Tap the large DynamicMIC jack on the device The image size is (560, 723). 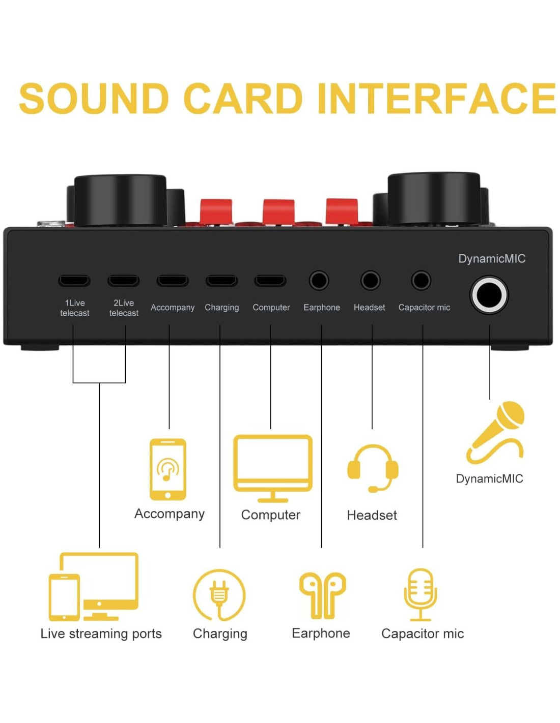tap(489, 295)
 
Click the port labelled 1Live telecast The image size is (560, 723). tap(74, 281)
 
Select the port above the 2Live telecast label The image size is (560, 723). tap(123, 281)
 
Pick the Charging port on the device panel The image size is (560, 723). tap(221, 281)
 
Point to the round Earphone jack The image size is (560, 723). tap(319, 281)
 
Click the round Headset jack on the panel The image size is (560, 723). tap(370, 281)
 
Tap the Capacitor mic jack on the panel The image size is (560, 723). tap(421, 281)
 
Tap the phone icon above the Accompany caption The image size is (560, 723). tap(168, 469)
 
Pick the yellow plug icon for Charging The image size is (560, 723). tap(219, 594)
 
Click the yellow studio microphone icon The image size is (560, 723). tap(421, 594)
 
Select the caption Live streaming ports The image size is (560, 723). tap(101, 634)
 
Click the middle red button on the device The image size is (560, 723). tap(278, 212)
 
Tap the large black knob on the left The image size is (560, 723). tap(120, 200)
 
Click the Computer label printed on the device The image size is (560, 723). tap(271, 308)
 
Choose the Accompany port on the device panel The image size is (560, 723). tap(173, 281)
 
